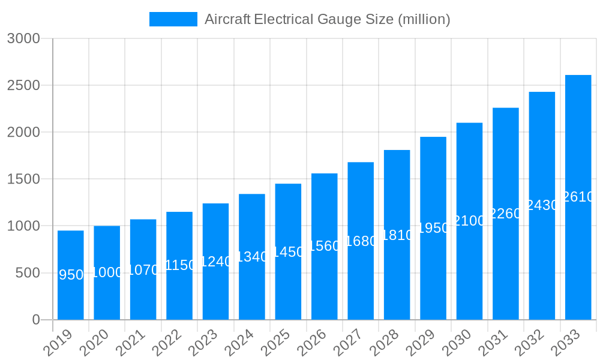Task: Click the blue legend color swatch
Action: tap(173, 19)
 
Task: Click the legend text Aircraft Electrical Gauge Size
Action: tap(328, 19)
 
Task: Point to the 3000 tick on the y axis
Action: tap(23, 38)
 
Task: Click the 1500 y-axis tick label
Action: tap(23, 179)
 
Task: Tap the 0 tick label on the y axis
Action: tap(35, 320)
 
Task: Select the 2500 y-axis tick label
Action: tap(23, 85)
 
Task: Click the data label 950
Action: tap(71, 275)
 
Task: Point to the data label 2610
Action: tap(578, 197)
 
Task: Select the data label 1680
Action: tap(361, 241)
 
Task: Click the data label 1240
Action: tap(215, 262)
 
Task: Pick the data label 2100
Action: tap(469, 221)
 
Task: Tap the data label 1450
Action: tap(288, 252)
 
